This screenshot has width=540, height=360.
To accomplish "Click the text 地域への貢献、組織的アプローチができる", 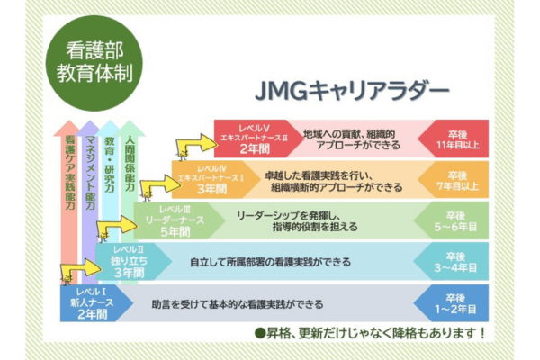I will coord(353,136).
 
